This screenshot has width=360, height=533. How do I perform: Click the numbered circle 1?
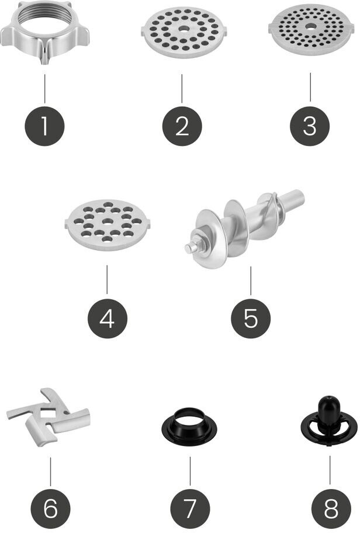(44, 126)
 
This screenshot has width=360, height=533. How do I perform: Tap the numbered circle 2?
(182, 126)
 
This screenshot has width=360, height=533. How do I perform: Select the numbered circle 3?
(310, 126)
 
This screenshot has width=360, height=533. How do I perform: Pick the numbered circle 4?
(108, 319)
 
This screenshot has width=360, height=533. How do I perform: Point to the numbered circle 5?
(251, 319)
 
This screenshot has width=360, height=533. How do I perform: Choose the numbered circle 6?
(50, 508)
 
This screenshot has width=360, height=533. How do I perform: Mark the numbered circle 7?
(190, 508)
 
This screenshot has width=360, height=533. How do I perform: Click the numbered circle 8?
(331, 508)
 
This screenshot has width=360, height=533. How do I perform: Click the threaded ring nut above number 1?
(44, 32)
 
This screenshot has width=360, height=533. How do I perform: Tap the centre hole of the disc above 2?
(184, 29)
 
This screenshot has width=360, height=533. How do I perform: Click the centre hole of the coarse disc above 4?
(108, 221)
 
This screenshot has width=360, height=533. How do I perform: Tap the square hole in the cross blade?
(47, 414)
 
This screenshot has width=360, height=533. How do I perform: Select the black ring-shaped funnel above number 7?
(189, 424)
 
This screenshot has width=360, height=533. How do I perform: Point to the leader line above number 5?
(251, 281)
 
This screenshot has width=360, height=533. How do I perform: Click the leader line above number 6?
(50, 472)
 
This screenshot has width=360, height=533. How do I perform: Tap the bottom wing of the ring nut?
(44, 54)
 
